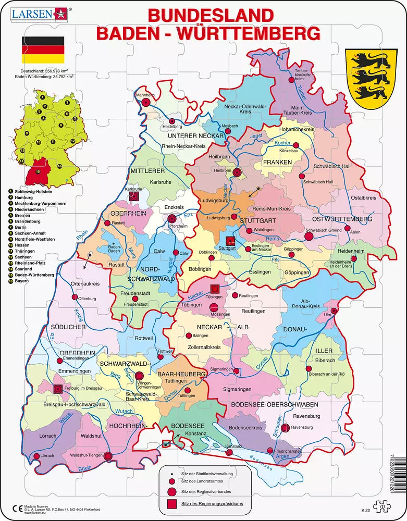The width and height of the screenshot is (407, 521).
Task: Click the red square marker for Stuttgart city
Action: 231,241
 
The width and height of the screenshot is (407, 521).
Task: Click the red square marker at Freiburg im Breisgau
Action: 58,388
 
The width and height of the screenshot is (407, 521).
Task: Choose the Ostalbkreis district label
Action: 363,198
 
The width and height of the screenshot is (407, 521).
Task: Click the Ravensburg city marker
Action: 286,428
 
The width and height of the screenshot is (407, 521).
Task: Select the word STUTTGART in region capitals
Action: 257,220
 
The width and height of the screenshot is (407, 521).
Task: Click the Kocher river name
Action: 282,142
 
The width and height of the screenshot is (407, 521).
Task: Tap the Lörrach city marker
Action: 36,456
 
